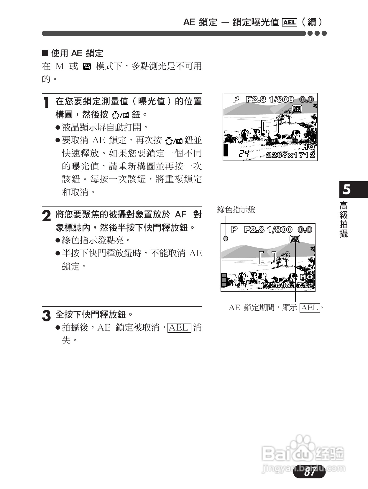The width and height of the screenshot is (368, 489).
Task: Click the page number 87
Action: pyautogui.click(x=310, y=472)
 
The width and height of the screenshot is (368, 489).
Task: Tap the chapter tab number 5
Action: pyautogui.click(x=347, y=189)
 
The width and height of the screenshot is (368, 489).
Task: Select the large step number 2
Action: pyautogui.click(x=46, y=216)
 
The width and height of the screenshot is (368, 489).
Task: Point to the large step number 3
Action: pyautogui.click(x=46, y=316)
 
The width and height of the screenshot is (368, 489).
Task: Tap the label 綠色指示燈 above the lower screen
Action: pyautogui.click(x=236, y=210)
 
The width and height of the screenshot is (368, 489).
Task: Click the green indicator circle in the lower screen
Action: pyautogui.click(x=226, y=238)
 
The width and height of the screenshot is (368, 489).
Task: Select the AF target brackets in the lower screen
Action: pyautogui.click(x=268, y=257)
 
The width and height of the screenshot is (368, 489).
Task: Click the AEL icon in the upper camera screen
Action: pyautogui.click(x=297, y=109)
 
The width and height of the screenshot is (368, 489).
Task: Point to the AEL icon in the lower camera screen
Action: pyautogui.click(x=295, y=239)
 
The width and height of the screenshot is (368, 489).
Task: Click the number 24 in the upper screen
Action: pyautogui.click(x=244, y=153)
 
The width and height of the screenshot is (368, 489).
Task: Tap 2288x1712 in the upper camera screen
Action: pyautogui.click(x=290, y=155)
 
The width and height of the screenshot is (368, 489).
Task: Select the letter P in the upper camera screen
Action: pyautogui.click(x=236, y=99)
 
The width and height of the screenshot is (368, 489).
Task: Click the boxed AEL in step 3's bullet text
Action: pyautogui.click(x=179, y=328)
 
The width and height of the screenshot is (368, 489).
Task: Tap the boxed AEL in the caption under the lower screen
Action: pyautogui.click(x=310, y=308)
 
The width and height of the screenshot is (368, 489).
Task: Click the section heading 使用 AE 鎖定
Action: pyautogui.click(x=77, y=53)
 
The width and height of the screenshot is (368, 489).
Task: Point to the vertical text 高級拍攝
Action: pyautogui.click(x=344, y=219)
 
